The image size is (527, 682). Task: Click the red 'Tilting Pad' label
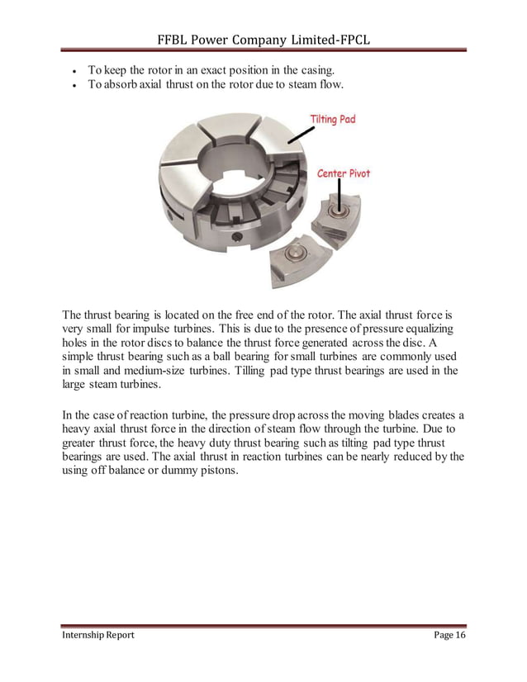pos(332,119)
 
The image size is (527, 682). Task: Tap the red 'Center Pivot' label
pos(344,173)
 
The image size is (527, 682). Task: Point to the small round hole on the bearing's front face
pos(240,238)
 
